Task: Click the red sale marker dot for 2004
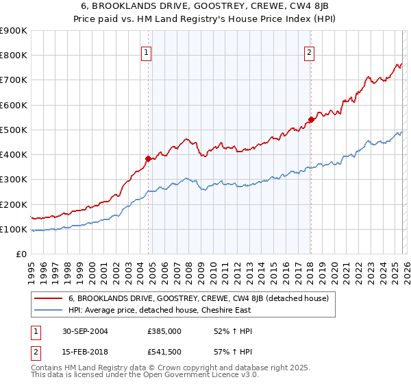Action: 148,158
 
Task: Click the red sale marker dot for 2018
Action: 310,119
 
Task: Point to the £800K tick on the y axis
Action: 14,56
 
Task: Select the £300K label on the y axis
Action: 14,180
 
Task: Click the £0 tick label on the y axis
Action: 21,254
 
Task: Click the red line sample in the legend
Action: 49,298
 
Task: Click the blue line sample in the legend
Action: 49,310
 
